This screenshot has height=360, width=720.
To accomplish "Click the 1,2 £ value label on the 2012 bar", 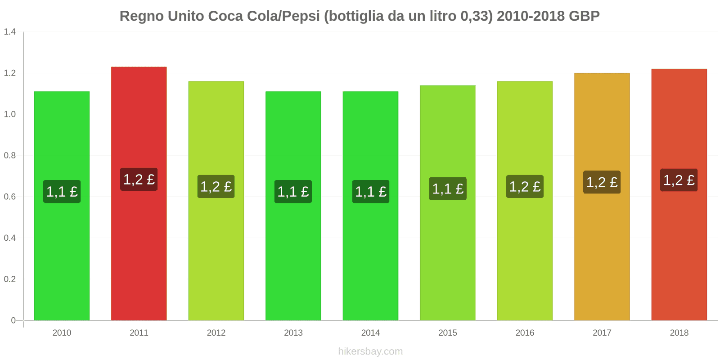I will pos(216,187).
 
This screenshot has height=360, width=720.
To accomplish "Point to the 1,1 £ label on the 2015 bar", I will pos(448,189).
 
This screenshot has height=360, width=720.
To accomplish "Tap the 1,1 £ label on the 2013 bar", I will pos(293,192).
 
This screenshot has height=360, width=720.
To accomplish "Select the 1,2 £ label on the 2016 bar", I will pos(525,187).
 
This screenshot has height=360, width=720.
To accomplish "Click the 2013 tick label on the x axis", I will pos(293,333).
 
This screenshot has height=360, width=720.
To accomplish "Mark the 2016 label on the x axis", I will pos(525,333).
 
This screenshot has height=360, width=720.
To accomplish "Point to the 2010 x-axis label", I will pos(62,333).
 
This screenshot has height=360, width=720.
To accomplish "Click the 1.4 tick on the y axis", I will pos(10,32).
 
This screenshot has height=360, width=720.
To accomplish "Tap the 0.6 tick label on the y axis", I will pos(10,197).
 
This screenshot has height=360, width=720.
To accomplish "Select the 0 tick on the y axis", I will pos(13,320).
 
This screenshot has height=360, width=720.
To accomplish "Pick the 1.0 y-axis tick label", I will pos(10,114).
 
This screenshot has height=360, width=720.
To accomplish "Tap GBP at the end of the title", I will pos(584,16).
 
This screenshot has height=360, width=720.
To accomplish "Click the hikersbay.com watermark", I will pos(370,351).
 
